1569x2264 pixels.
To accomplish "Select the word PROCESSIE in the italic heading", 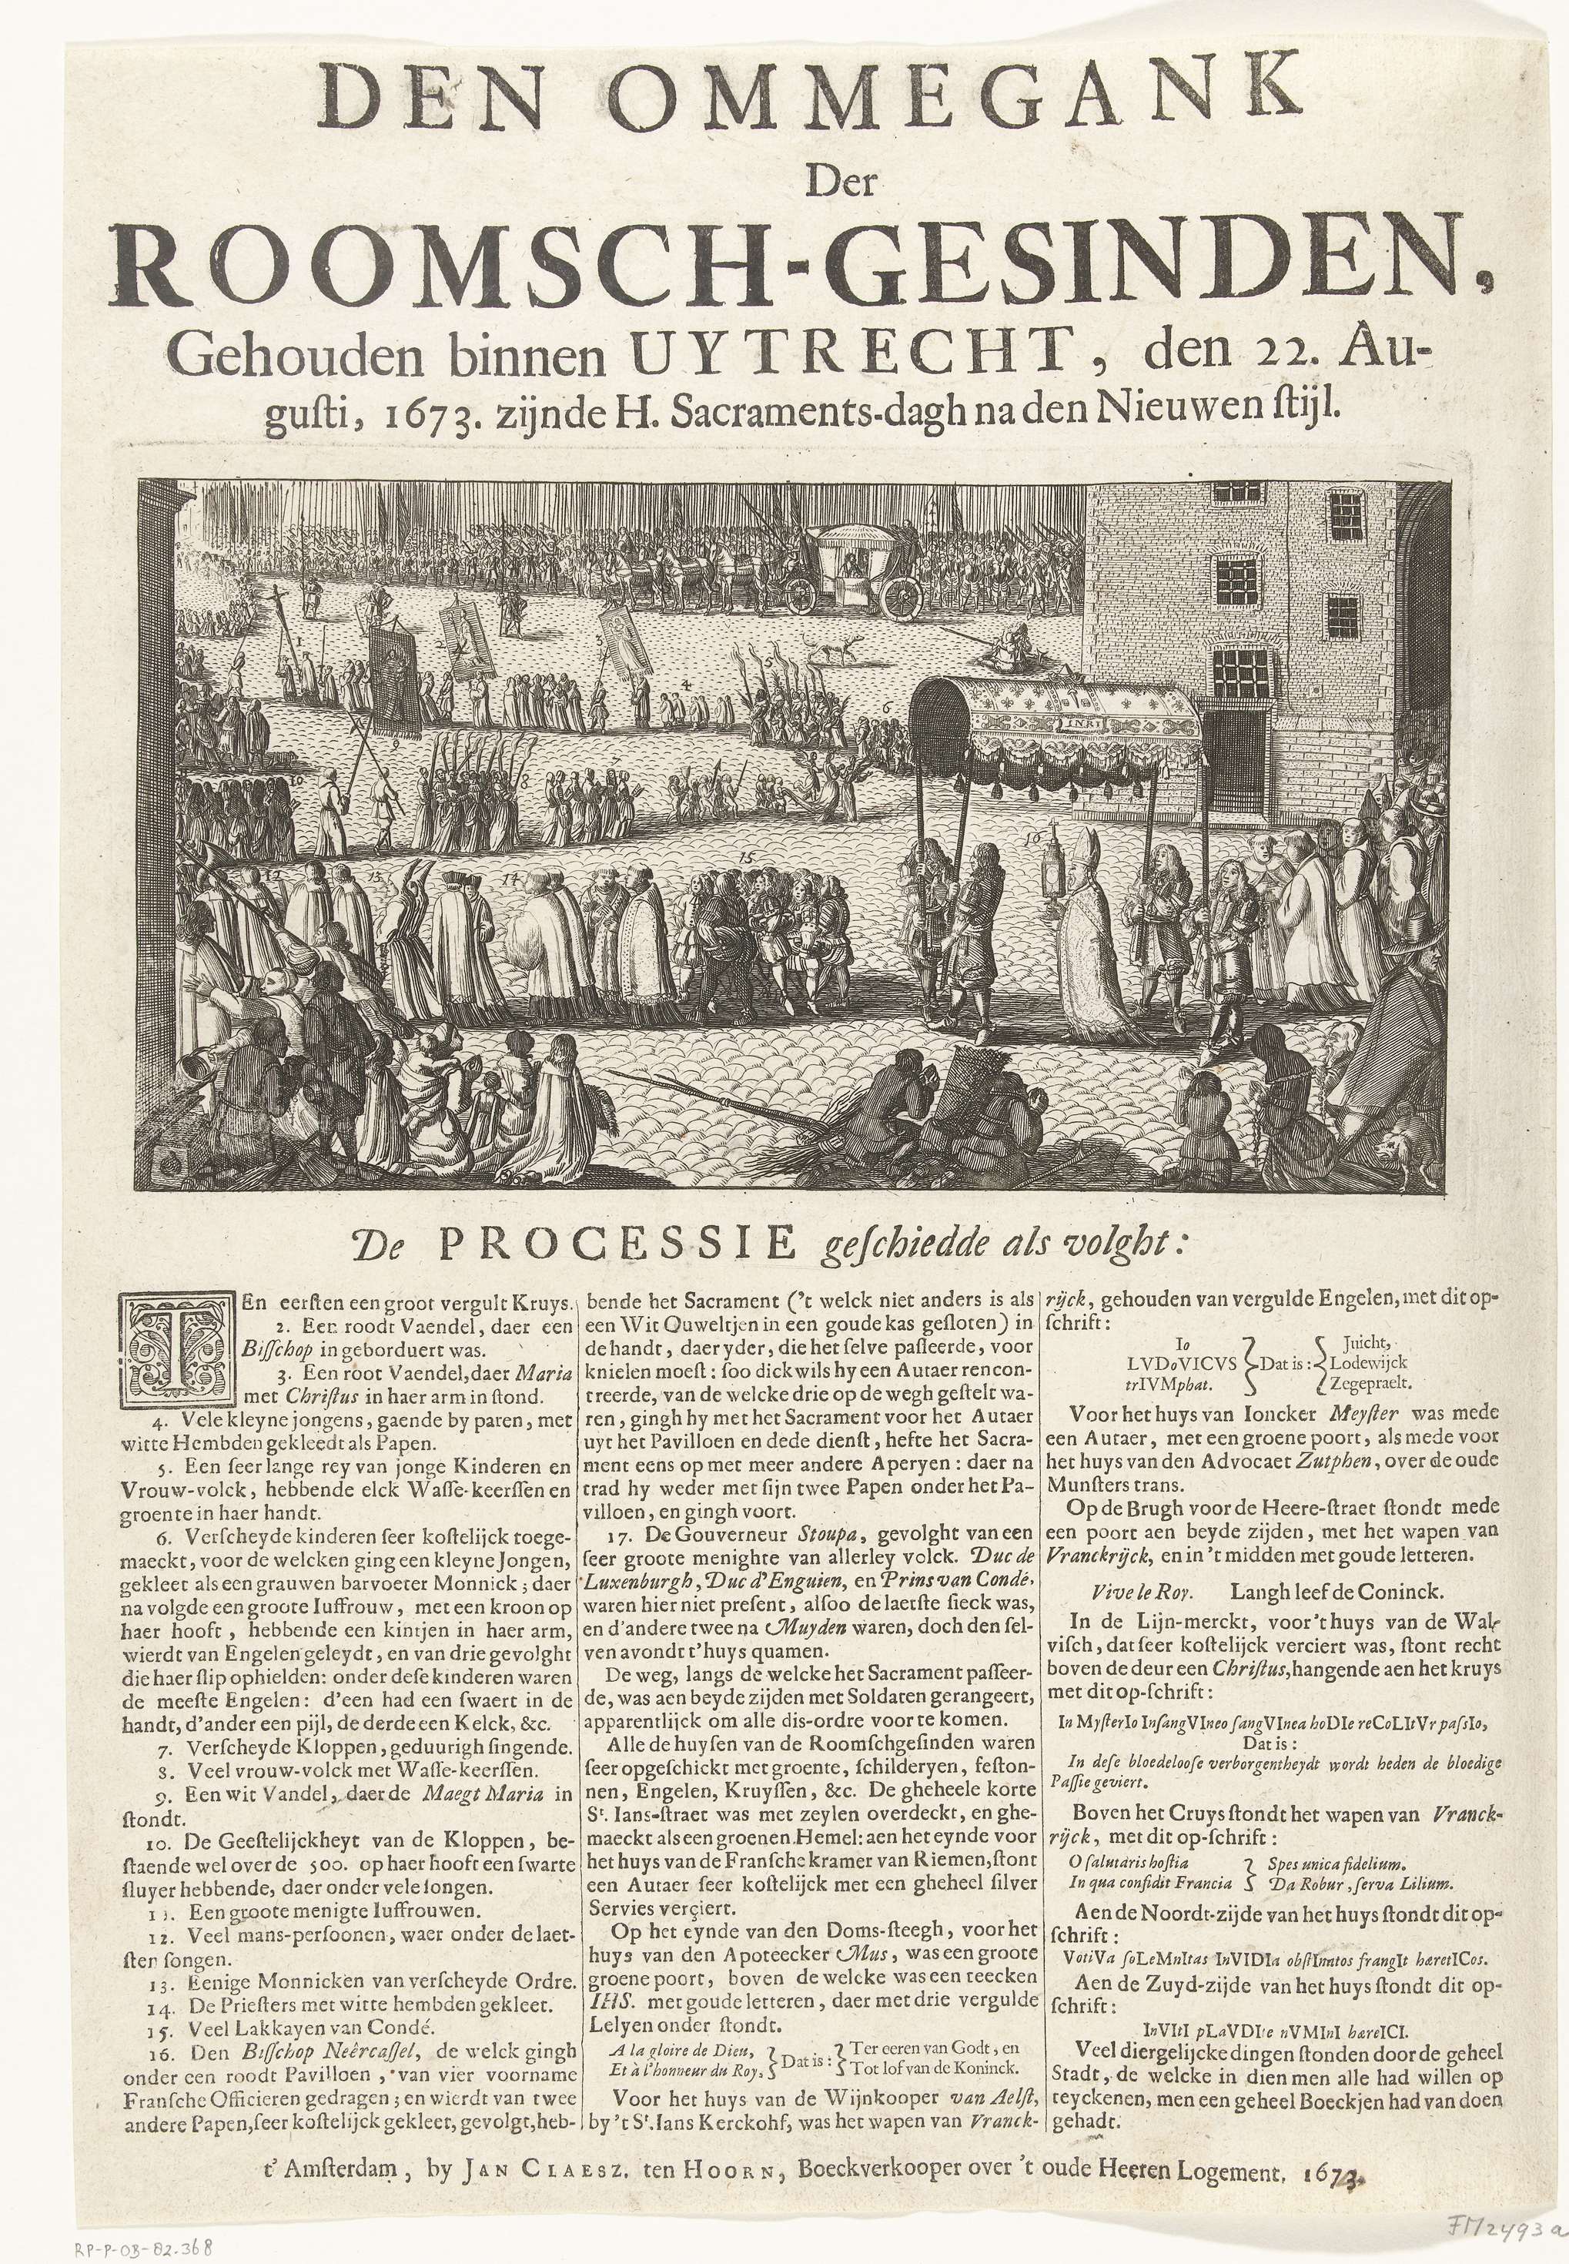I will click(x=615, y=1245).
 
